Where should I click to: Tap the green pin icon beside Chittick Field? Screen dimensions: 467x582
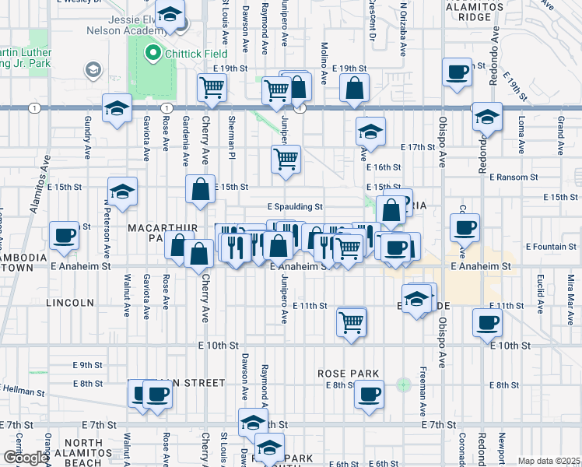pyautogui.click(x=152, y=54)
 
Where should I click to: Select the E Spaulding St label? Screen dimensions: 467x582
pyautogui.click(x=295, y=207)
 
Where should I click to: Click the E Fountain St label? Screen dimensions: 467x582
pyautogui.click(x=551, y=247)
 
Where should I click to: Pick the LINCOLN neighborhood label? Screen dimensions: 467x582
pyautogui.click(x=69, y=302)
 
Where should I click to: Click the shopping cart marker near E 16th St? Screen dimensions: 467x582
pyautogui.click(x=286, y=159)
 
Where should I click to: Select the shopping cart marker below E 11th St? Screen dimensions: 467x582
pyautogui.click(x=351, y=320)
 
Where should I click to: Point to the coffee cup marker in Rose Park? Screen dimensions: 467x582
pyautogui.click(x=369, y=393)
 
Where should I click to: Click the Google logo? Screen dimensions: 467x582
pyautogui.click(x=25, y=458)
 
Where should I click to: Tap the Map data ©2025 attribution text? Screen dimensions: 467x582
pyautogui.click(x=548, y=461)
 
